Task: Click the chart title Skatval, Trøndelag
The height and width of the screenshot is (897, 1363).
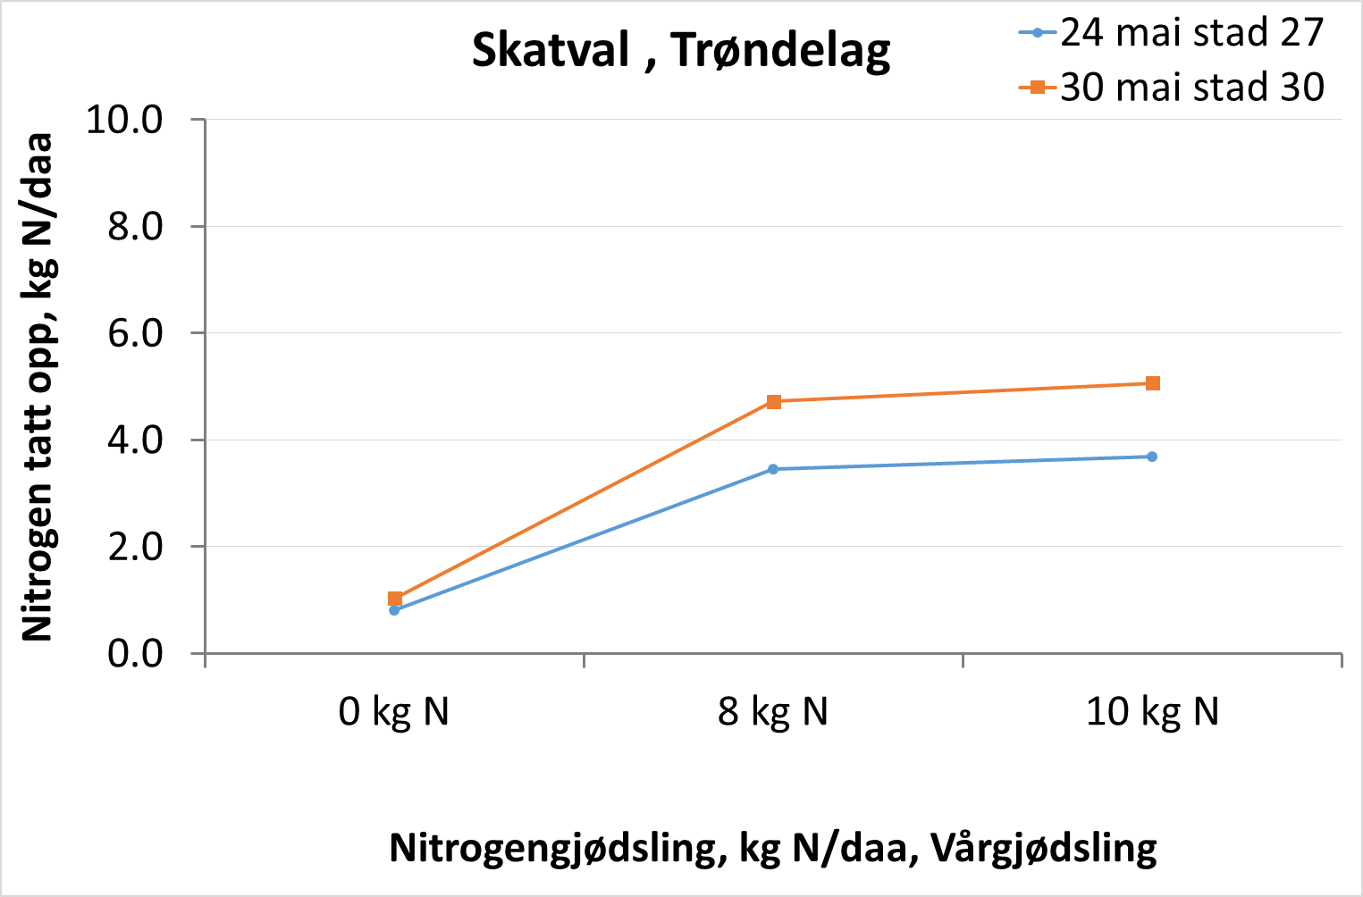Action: pos(681,50)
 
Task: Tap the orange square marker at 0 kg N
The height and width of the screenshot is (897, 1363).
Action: pos(395,599)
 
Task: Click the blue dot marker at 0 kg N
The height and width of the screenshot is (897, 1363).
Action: pos(394,610)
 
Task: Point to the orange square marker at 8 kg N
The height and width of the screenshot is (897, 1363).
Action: pos(774,402)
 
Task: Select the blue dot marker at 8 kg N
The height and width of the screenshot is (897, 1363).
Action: pos(773,469)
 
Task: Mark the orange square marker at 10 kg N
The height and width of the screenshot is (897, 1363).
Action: pos(1153,383)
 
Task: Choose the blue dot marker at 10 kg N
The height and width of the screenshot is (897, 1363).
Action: pos(1152,457)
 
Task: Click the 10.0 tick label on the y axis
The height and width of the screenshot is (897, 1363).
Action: pos(124,120)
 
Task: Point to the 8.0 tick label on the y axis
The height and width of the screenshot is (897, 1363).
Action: pos(135,227)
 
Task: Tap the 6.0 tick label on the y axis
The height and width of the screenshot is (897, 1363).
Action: pos(135,333)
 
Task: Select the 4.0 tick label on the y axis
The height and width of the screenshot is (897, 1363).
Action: pos(135,440)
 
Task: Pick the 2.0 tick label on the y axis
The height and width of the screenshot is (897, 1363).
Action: pos(135,547)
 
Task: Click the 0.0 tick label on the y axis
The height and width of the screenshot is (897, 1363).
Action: pos(135,654)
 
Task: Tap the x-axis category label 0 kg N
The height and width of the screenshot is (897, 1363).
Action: pos(394,712)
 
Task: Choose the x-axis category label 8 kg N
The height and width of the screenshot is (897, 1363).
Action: pos(773,712)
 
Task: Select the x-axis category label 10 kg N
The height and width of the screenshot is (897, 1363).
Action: pos(1152,712)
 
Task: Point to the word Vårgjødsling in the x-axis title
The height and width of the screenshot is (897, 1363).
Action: pos(1044,847)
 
